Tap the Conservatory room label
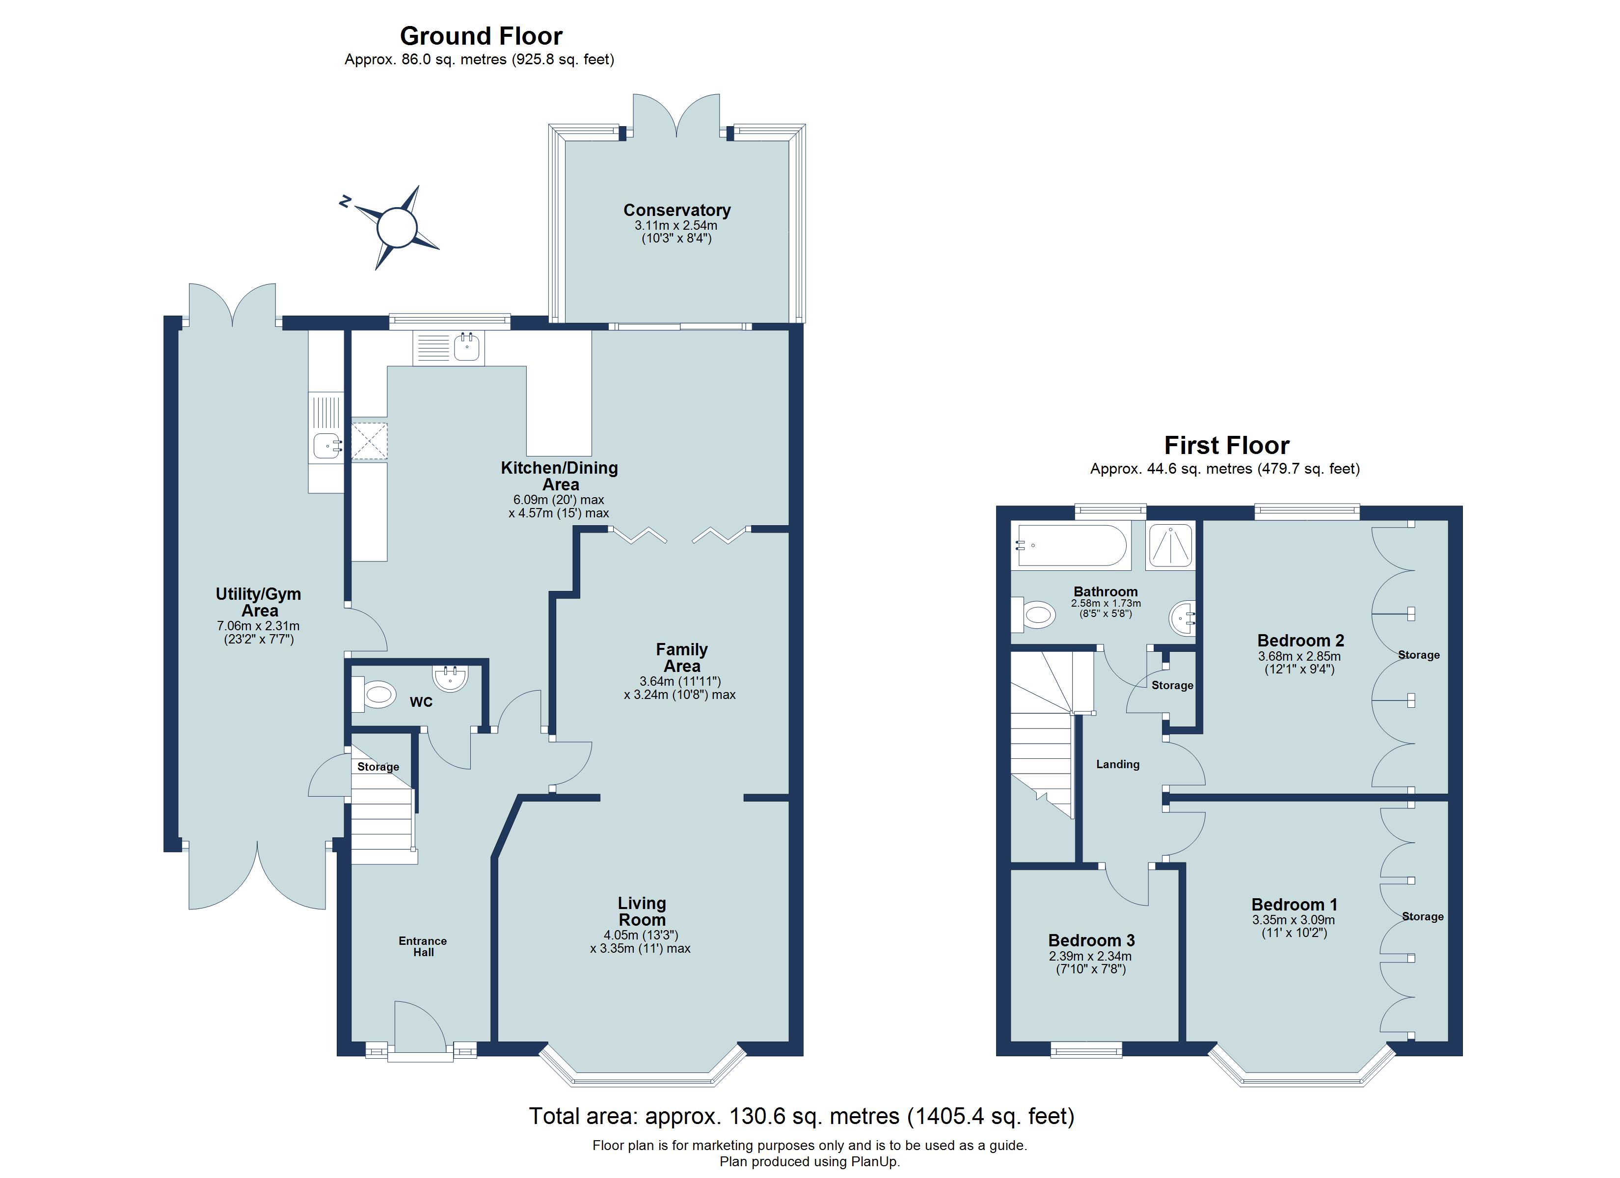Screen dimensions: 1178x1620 pyautogui.click(x=676, y=210)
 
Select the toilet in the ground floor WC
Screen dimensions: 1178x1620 pyautogui.click(x=376, y=694)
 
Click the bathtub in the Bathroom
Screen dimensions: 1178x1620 pyautogui.click(x=1072, y=546)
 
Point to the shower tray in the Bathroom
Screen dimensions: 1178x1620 pyautogui.click(x=1170, y=546)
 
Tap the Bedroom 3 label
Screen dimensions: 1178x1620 pyautogui.click(x=1091, y=940)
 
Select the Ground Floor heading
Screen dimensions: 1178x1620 pyautogui.click(x=481, y=36)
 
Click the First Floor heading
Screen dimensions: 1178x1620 pyautogui.click(x=1226, y=445)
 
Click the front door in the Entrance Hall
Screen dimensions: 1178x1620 pyautogui.click(x=420, y=1029)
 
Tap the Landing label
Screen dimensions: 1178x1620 pyautogui.click(x=1118, y=764)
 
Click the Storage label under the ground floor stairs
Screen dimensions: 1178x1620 pyautogui.click(x=378, y=767)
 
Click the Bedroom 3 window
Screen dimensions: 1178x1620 pyautogui.click(x=1086, y=1050)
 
